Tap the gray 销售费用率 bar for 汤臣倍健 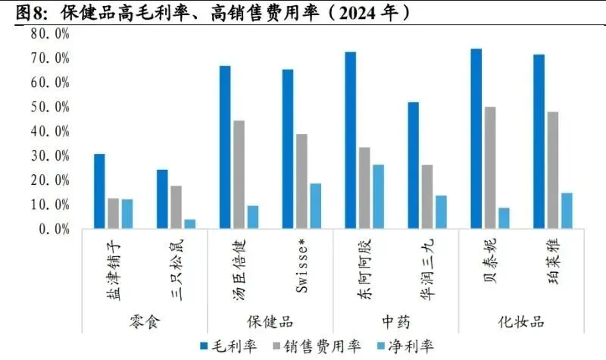tap(239, 174)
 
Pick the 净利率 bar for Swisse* tap(315, 205)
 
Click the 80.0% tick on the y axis tap(50, 34)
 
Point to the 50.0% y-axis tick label tap(50, 107)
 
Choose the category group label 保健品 tap(270, 321)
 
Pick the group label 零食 tap(145, 321)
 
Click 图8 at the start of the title tap(30, 12)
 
